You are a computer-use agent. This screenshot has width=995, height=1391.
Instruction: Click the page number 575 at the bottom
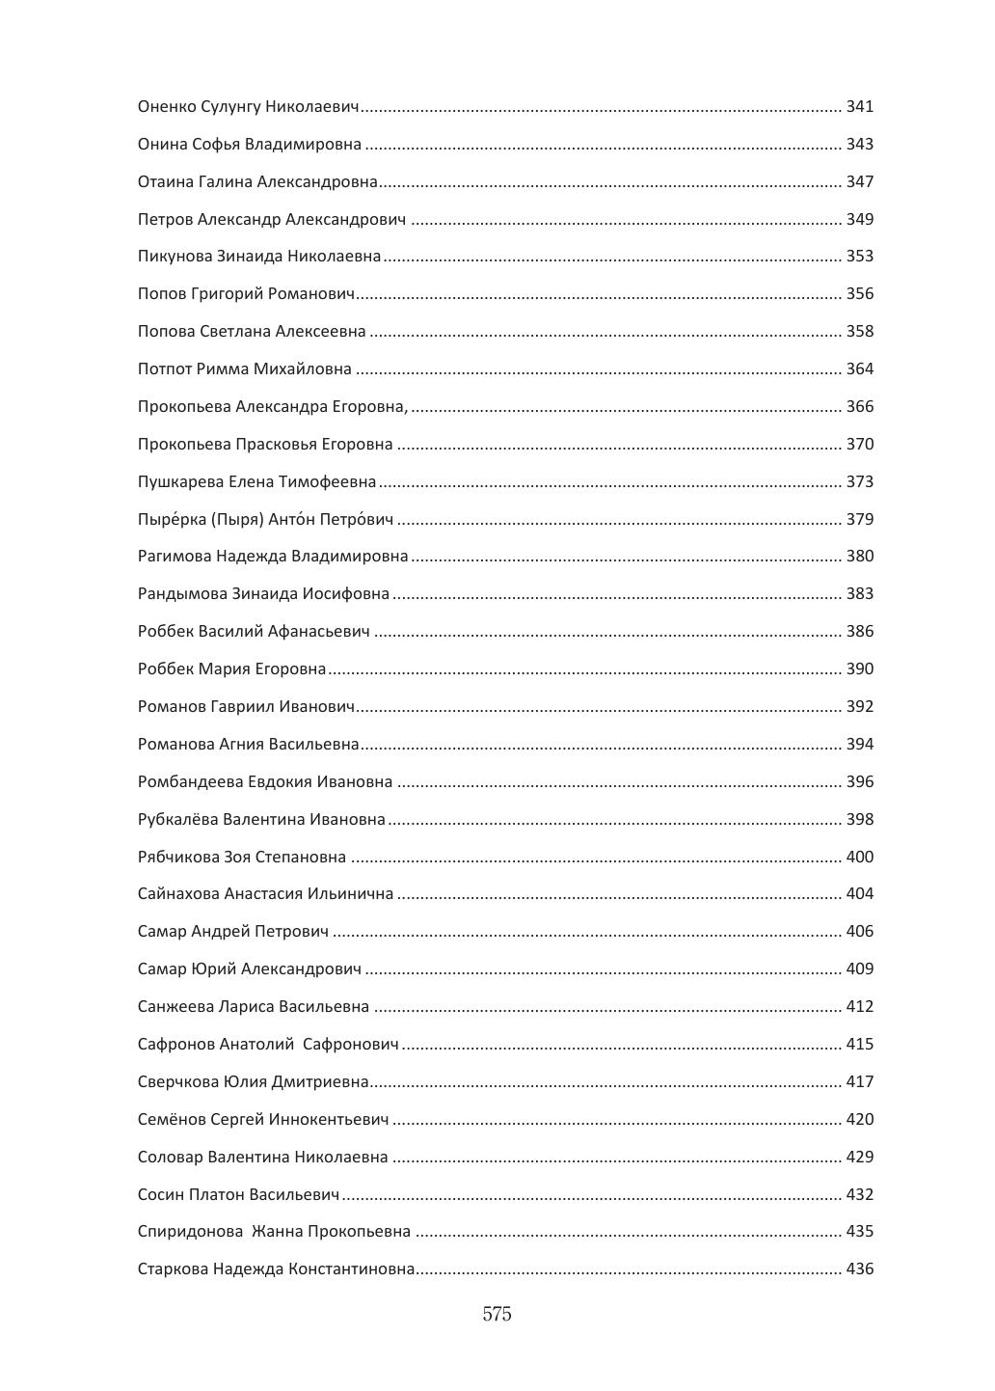[x=497, y=1314]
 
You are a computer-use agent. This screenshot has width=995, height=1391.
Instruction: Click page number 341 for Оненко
[x=859, y=106]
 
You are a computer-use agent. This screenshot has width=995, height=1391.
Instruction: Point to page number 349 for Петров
[x=859, y=219]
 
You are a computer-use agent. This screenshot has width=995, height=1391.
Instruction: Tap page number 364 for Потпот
[x=859, y=368]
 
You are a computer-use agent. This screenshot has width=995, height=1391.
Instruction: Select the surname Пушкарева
[x=180, y=481]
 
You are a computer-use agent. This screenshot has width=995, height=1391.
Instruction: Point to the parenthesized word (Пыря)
[x=236, y=520]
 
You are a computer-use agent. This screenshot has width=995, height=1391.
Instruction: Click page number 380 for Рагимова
[x=859, y=557]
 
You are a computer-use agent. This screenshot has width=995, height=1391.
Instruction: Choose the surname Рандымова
[x=182, y=594]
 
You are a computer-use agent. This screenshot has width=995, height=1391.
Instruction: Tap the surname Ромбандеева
[x=190, y=782]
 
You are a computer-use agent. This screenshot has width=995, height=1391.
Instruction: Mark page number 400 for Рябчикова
[x=859, y=857]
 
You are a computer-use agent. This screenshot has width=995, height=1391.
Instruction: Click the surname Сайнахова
[x=178, y=894]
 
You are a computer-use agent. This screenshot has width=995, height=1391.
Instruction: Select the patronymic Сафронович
[x=350, y=1045]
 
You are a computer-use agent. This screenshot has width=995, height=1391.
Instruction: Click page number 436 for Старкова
[x=859, y=1269]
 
